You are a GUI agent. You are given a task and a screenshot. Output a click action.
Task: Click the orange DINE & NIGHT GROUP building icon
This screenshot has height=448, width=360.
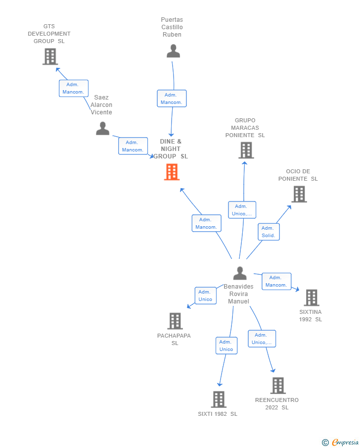click(x=172, y=172)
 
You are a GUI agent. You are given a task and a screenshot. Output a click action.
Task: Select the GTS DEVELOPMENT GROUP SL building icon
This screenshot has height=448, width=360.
click(x=50, y=56)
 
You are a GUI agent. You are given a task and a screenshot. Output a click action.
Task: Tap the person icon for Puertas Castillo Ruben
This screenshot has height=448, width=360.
click(x=173, y=51)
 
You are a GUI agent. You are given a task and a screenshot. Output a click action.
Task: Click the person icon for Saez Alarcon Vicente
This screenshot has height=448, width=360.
click(x=102, y=128)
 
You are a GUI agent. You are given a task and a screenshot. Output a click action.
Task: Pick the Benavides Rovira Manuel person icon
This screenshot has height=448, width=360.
click(x=240, y=273)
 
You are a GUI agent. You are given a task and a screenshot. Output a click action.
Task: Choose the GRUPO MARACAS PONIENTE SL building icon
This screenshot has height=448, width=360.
click(x=246, y=150)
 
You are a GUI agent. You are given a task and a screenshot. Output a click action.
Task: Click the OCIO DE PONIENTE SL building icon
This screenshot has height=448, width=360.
click(x=299, y=194)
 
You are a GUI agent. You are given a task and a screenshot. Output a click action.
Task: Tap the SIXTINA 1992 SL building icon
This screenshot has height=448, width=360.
click(x=311, y=298)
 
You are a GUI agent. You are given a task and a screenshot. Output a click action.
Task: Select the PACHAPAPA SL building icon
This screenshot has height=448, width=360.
click(x=175, y=321)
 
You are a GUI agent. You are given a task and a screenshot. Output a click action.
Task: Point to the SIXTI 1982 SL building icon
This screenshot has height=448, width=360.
click(x=219, y=399)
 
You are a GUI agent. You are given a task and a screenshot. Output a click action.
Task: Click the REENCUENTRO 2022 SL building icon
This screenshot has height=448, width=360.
click(x=278, y=385)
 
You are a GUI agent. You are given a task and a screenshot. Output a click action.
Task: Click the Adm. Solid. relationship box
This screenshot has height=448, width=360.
click(x=269, y=232)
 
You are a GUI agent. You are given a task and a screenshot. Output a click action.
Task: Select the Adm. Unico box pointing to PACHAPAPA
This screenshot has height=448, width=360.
click(x=205, y=296)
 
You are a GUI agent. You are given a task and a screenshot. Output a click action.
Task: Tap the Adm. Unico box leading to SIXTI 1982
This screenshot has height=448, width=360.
click(x=226, y=346)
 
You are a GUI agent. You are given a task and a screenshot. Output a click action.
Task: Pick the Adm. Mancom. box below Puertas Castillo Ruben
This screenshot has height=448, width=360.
click(x=171, y=99)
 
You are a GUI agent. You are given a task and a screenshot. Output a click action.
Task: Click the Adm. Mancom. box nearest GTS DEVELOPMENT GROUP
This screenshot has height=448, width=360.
click(x=73, y=88)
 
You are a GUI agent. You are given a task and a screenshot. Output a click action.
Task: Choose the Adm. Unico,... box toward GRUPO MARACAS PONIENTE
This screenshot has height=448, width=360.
click(x=242, y=210)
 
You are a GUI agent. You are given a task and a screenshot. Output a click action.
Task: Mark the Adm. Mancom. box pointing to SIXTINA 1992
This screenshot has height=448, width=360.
click(x=276, y=281)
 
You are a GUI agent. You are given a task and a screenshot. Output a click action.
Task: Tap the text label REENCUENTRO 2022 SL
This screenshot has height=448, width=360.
click(x=277, y=403)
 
